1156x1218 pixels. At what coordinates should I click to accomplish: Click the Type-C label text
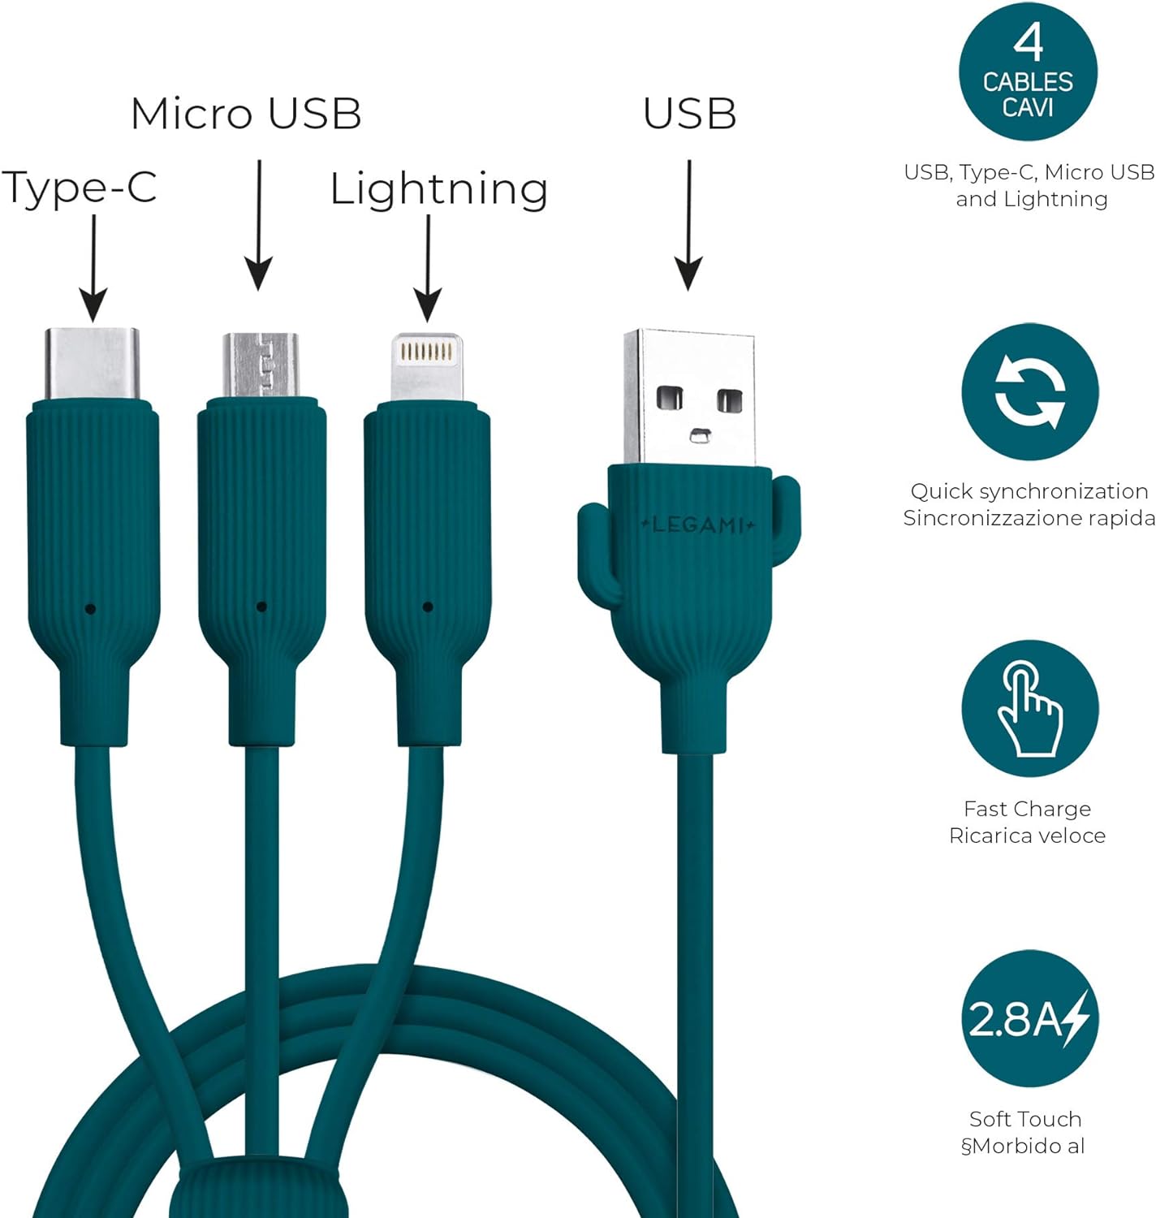coord(80,188)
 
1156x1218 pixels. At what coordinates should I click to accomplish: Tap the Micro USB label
coord(246,114)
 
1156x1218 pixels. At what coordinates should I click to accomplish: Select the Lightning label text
coord(438,190)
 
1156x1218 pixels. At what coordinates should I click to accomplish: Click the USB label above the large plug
coord(689,114)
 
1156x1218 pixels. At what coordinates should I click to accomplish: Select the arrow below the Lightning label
coord(428,268)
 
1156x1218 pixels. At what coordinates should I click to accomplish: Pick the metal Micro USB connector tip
coord(261,365)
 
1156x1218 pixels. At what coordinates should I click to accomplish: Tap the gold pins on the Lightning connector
coord(426,352)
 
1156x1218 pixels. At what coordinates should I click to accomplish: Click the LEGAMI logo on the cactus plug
coord(697,525)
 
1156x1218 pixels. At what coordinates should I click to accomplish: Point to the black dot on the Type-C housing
coord(90,609)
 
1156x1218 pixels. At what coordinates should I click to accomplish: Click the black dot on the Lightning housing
coord(428,607)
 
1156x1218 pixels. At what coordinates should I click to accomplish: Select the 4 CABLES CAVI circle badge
coord(1028,71)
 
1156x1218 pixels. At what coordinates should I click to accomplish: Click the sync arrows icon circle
coord(1029,391)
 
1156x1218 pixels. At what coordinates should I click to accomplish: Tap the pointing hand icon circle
coord(1029,709)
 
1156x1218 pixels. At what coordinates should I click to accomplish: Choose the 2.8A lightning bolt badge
coord(1029,1018)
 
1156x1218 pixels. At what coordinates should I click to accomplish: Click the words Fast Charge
coord(1027,809)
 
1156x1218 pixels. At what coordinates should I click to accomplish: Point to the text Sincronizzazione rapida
coord(1029,518)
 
